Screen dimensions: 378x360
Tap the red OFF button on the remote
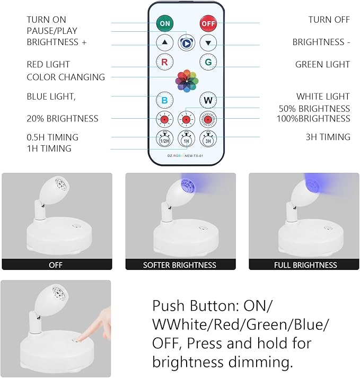208,23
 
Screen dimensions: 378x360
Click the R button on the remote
164,62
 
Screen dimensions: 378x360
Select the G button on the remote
208,62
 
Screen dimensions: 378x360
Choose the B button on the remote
164,100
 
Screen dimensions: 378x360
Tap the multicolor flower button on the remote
186,81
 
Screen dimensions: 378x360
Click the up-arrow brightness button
164,42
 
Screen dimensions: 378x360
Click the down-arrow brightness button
208,42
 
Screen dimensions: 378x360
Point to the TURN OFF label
329,20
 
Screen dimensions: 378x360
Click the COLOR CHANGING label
66,77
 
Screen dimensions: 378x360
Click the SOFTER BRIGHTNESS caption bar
179,265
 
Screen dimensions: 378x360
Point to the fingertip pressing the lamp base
81,336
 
